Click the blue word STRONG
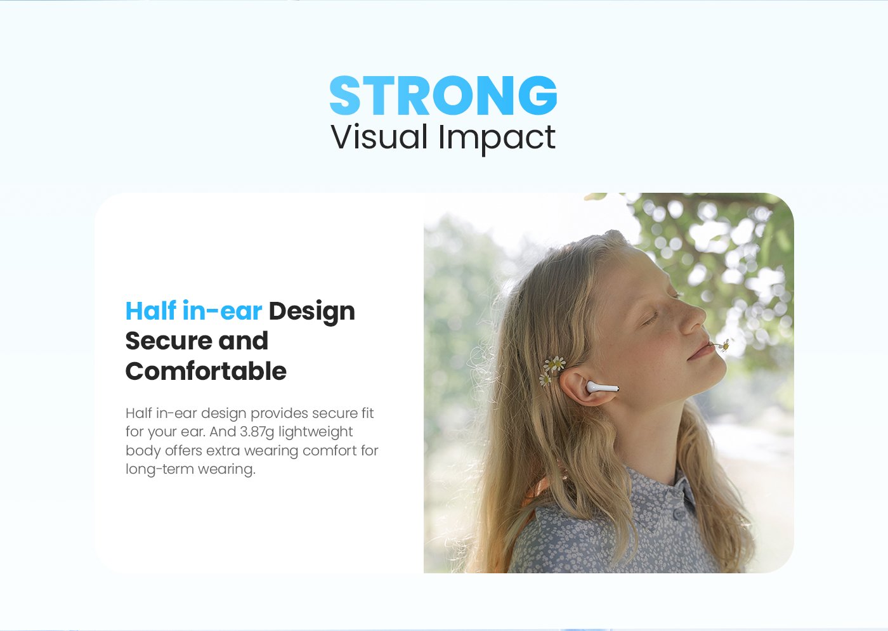(x=443, y=96)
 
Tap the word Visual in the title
(x=379, y=137)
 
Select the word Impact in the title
(x=497, y=139)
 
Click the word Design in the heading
(x=311, y=311)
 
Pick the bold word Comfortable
(x=206, y=371)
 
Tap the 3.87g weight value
(x=257, y=432)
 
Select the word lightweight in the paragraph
(x=316, y=432)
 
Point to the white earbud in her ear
(x=602, y=387)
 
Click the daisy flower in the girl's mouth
(x=724, y=345)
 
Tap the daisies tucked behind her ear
(x=551, y=370)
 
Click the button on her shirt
(x=680, y=514)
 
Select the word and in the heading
(x=243, y=341)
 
